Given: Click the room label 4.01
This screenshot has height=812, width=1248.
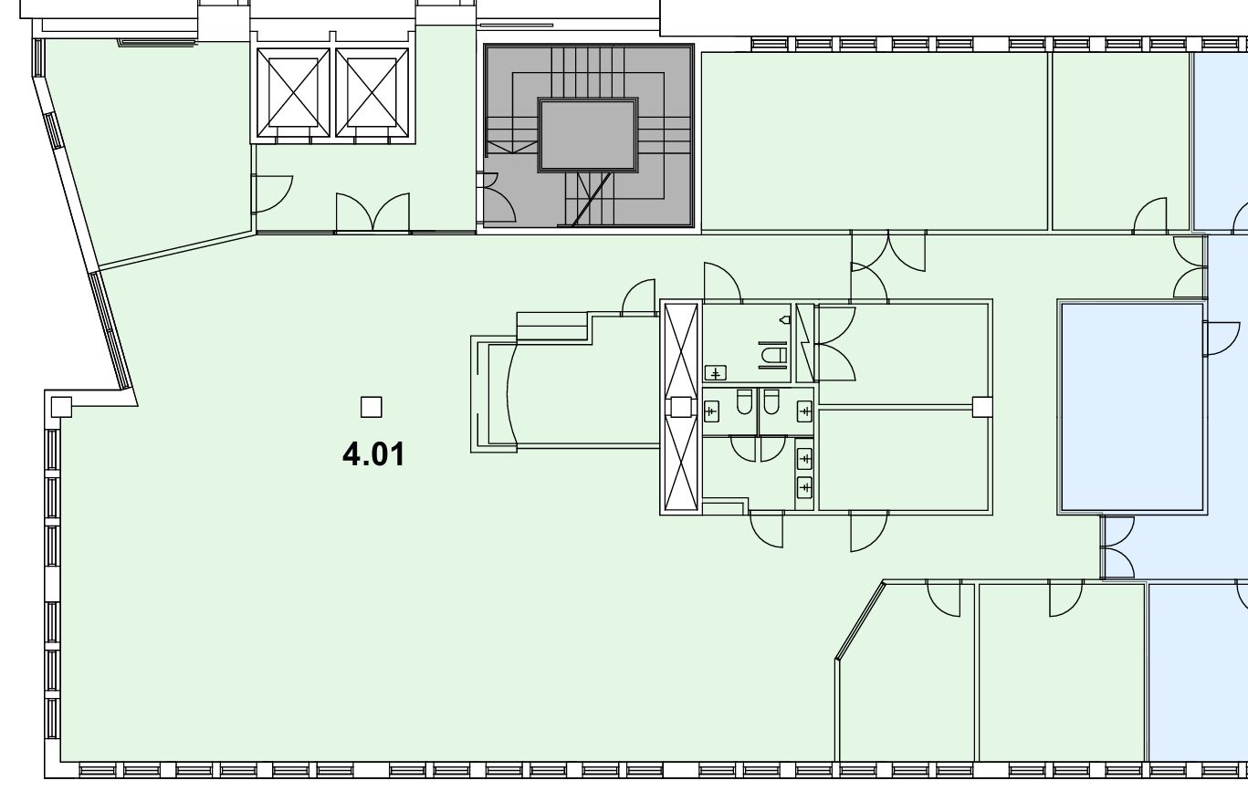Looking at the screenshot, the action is (x=373, y=453).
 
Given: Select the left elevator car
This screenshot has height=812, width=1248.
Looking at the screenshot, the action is (x=293, y=92).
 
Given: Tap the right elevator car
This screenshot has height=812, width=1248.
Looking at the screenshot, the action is (x=372, y=92).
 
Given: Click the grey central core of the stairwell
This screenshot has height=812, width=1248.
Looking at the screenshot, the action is (x=588, y=135).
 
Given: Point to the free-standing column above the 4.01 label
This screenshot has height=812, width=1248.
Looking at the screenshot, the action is (x=371, y=407).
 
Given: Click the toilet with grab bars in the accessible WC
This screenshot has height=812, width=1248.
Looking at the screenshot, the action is (x=774, y=355).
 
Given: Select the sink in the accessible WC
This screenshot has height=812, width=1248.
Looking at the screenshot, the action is (x=716, y=372).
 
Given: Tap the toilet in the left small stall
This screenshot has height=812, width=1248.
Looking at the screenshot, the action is (x=744, y=401).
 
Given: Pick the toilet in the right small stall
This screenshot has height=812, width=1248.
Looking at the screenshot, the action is (x=771, y=401).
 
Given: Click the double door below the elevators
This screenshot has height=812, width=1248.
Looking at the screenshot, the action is (x=372, y=213).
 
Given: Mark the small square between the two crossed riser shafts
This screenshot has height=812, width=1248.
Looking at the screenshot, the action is (x=681, y=407).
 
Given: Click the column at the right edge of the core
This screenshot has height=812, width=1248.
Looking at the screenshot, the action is (x=982, y=407).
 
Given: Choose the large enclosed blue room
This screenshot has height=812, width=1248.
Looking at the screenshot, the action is (x=1132, y=407).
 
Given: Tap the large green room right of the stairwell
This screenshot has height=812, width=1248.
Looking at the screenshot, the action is (x=875, y=141).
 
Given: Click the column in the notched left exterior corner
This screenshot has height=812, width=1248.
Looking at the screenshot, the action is (x=61, y=407).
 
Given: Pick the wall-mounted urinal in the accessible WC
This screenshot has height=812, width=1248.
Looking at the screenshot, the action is (x=785, y=319).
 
